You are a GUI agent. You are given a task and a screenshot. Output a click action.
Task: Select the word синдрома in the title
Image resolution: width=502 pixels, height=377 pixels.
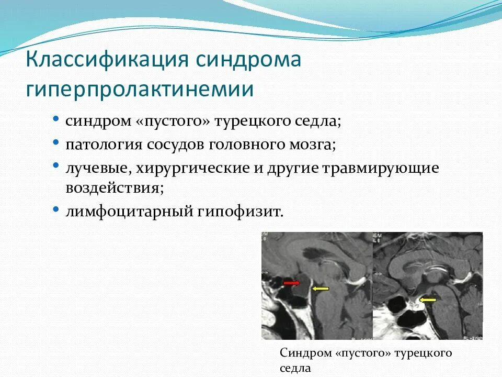tap(248, 60)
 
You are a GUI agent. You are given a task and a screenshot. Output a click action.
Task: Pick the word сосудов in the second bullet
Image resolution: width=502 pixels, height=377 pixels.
tap(176, 145)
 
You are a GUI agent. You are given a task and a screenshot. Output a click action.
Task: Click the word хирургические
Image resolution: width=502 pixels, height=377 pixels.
tap(193, 169)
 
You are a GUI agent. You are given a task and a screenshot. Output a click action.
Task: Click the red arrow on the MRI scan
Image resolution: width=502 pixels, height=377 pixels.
tap(292, 283)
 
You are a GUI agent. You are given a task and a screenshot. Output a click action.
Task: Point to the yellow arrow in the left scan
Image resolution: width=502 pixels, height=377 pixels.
tap(321, 289)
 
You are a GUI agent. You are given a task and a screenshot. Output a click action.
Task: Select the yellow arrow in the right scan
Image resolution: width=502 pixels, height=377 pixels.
tap(428, 300)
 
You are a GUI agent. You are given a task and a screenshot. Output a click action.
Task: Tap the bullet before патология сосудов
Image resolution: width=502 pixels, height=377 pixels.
tap(56, 142)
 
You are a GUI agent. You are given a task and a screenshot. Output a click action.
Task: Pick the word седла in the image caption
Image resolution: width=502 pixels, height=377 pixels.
tap(295, 368)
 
